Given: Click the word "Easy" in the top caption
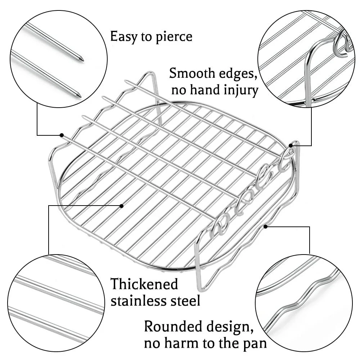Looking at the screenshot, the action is [x=123, y=37].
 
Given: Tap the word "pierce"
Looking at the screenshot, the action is [x=174, y=37].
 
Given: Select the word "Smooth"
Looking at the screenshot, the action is [x=192, y=73].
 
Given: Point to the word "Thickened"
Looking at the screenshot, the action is [x=144, y=284].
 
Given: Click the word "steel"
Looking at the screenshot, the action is [x=185, y=301].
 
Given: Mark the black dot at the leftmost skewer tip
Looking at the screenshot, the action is [x=62, y=135].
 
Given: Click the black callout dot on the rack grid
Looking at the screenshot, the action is [x=122, y=206].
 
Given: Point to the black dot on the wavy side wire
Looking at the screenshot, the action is [x=265, y=226].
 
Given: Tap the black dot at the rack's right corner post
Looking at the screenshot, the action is [x=291, y=145].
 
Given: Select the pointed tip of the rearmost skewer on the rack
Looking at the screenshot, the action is [x=126, y=81].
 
